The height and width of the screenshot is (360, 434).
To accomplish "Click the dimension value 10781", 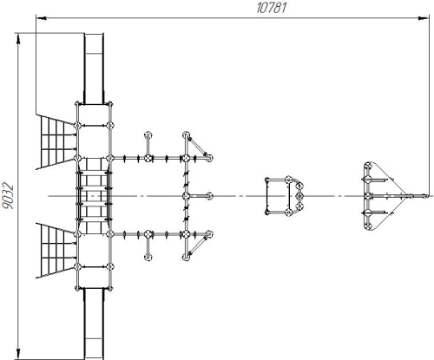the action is (272, 8).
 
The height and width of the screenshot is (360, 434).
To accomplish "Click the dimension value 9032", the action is (8, 196).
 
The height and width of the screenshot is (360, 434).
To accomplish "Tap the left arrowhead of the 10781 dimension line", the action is (41, 18).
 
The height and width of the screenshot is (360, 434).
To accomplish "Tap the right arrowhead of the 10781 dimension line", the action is (424, 18).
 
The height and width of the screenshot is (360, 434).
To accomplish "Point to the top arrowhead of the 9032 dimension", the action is (18, 39).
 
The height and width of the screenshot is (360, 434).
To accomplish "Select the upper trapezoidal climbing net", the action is (55, 141).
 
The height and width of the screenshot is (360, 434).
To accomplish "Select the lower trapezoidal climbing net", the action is (55, 251).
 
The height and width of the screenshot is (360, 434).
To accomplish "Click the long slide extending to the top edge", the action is (94, 69).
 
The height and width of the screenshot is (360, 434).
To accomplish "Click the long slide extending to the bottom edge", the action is (94, 324).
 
